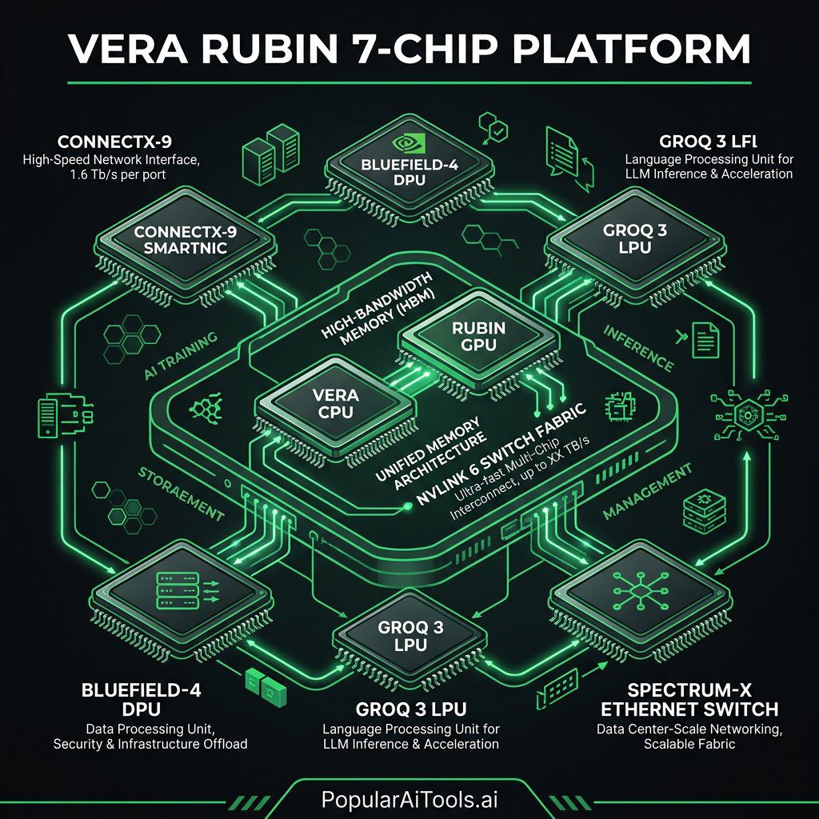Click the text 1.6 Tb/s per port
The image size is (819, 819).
pos(112,175)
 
